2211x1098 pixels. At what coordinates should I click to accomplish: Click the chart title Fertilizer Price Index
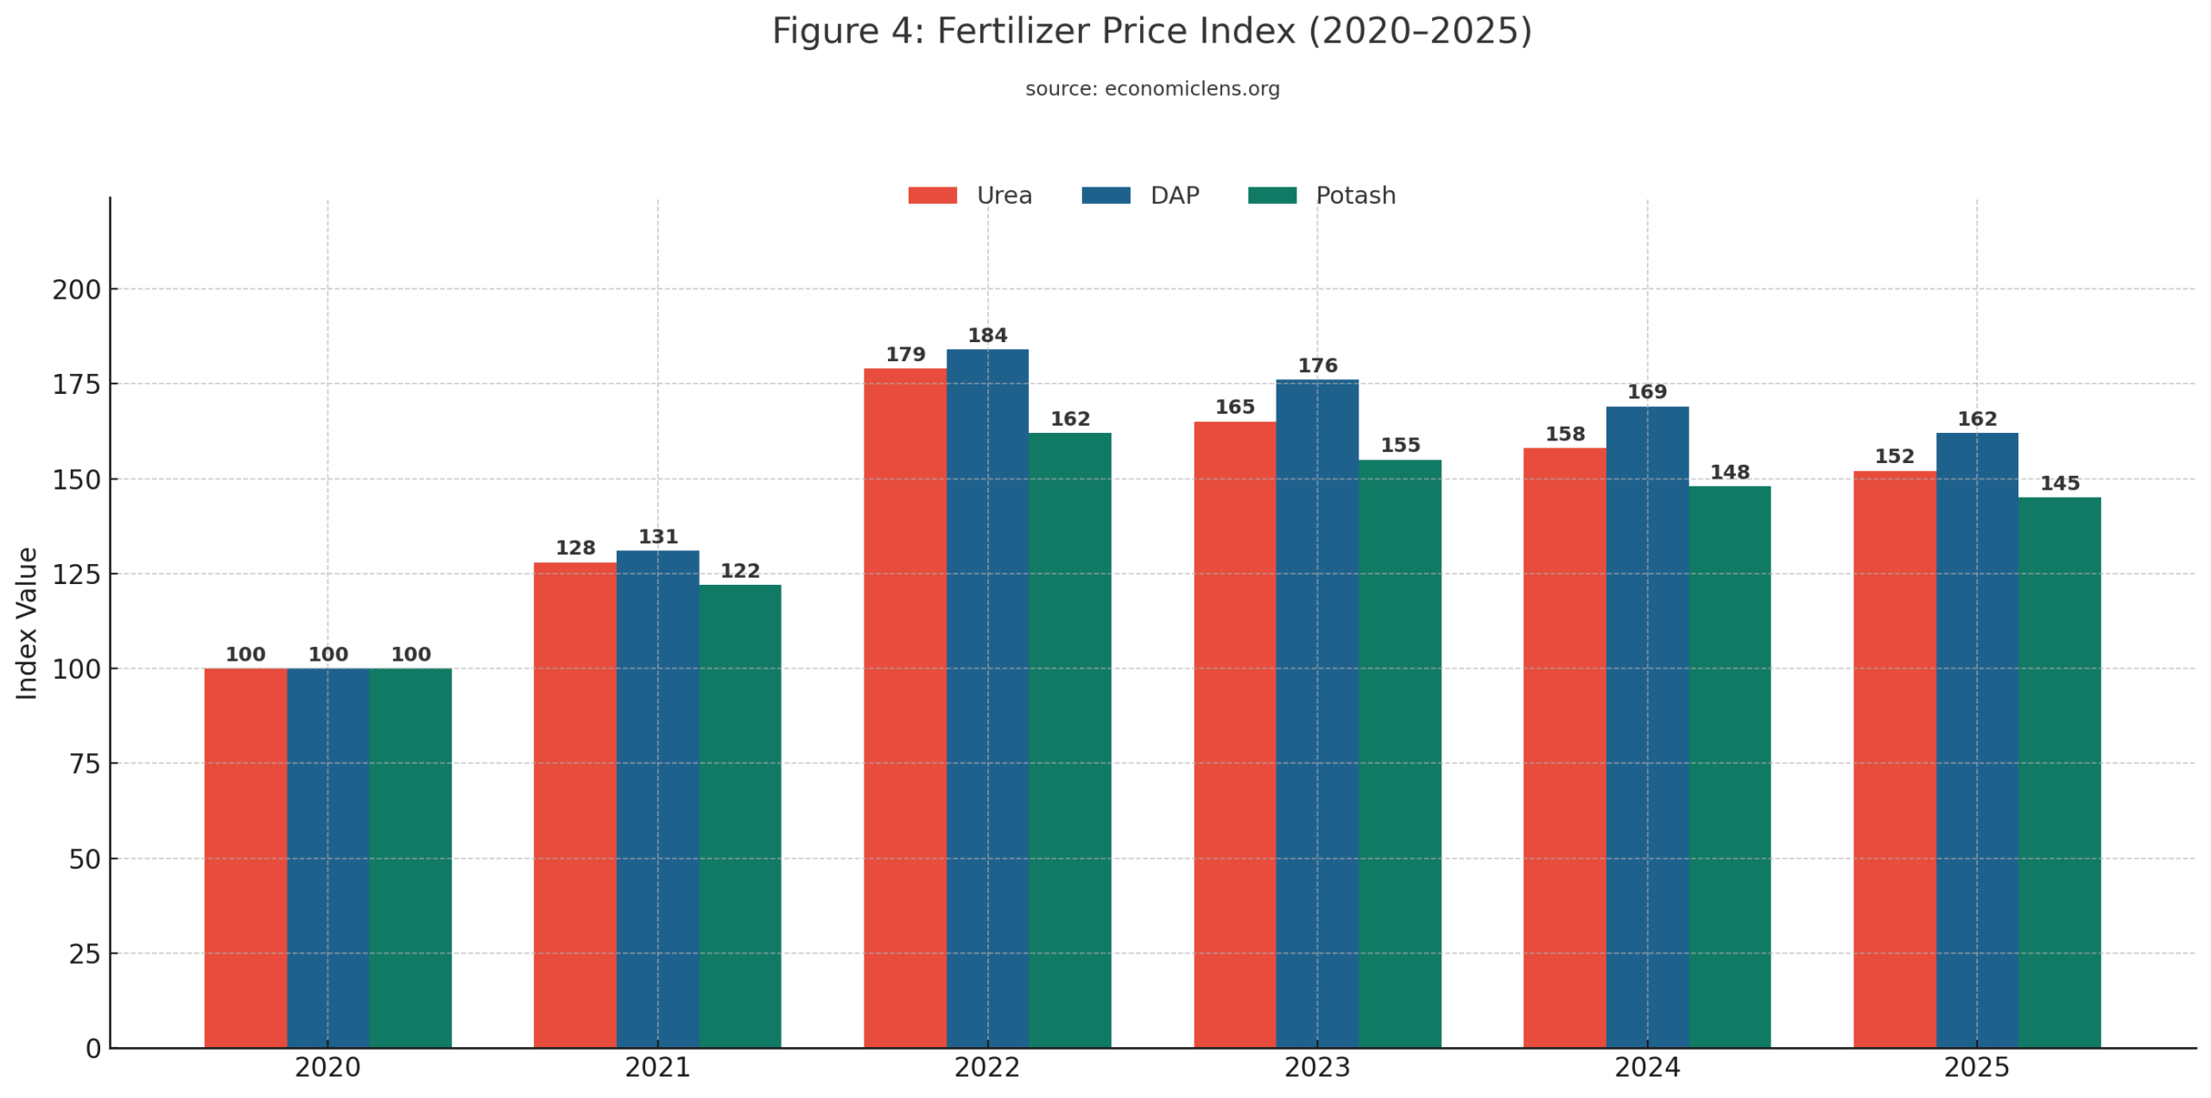coord(1150,32)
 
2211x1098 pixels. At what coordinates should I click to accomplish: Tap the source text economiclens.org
coord(1151,89)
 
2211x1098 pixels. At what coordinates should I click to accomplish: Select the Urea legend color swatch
coord(932,195)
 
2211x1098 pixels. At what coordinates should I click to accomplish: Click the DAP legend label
coord(1174,195)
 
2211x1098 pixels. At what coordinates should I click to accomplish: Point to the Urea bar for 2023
coord(1234,734)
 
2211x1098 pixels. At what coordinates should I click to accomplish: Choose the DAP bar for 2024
coord(1646,727)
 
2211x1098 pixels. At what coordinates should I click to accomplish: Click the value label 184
coord(986,335)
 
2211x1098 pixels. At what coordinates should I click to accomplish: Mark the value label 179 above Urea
coord(904,354)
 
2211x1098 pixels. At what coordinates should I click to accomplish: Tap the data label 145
coord(2058,483)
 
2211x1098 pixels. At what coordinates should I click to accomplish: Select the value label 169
coord(1646,392)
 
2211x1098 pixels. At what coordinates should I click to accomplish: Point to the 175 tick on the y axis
coord(76,384)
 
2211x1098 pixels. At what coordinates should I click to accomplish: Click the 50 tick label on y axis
coord(85,859)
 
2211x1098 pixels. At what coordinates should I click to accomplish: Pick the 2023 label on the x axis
coord(1316,1068)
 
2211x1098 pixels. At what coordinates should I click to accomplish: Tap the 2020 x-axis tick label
coord(327,1068)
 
